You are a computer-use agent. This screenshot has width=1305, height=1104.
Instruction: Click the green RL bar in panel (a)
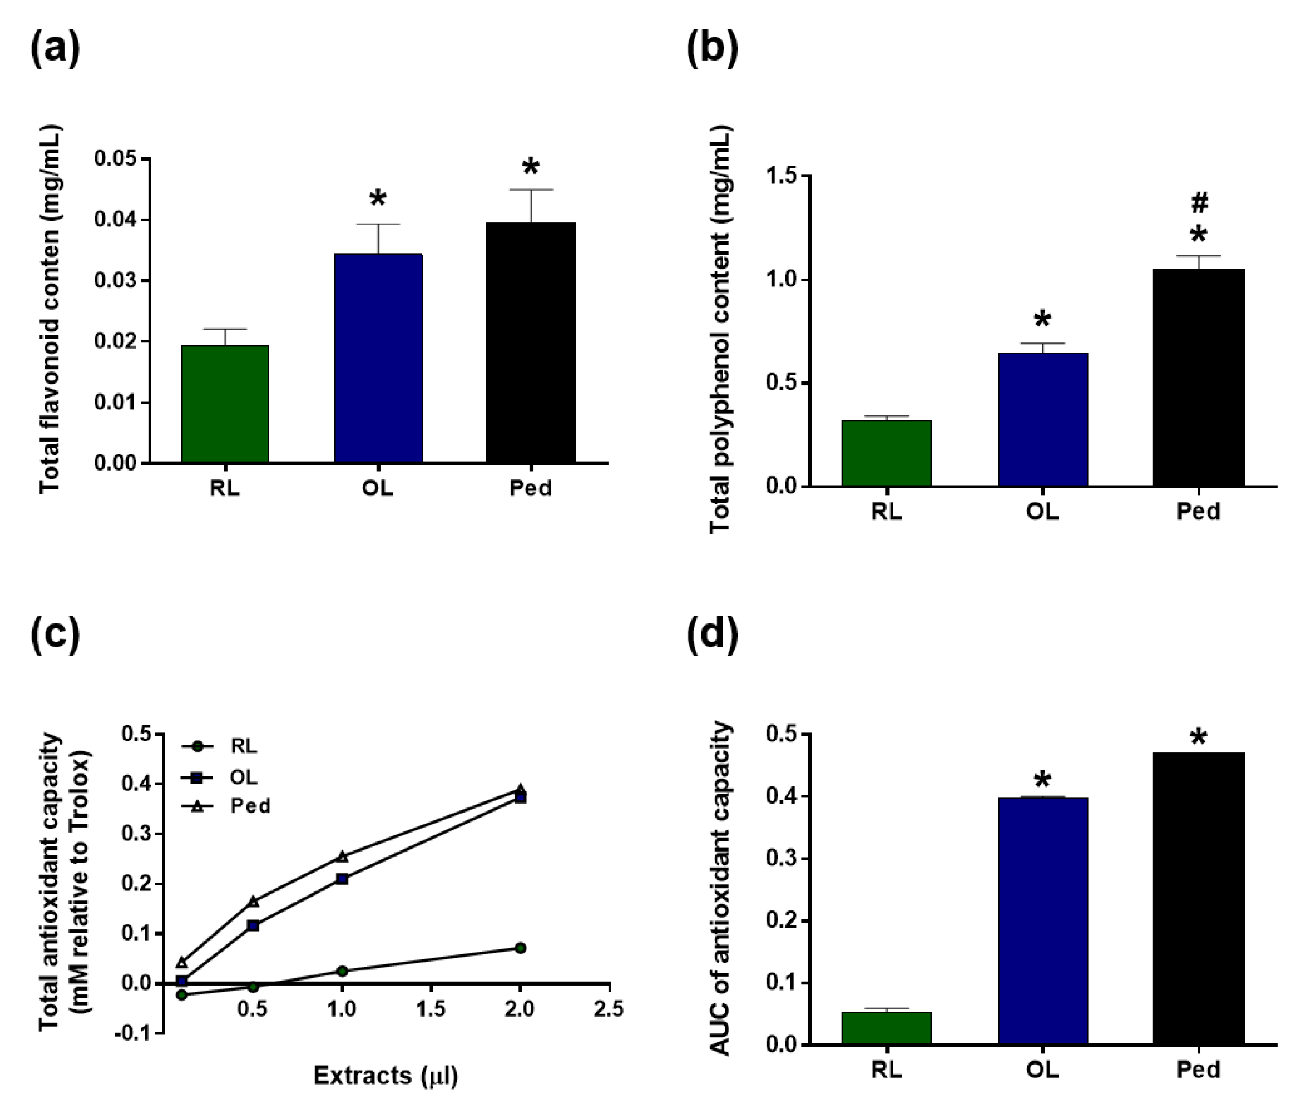click(225, 404)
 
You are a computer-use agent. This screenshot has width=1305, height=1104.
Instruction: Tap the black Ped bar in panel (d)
click(1198, 899)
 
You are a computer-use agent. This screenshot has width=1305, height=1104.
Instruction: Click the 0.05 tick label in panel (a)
click(115, 159)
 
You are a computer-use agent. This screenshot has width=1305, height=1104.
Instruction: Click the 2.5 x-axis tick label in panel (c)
click(608, 1009)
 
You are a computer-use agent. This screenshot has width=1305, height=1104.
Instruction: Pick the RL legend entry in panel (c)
click(243, 746)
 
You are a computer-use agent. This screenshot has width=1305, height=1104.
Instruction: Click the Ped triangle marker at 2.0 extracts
click(520, 789)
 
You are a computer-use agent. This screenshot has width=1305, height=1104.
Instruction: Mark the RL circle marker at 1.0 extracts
click(342, 971)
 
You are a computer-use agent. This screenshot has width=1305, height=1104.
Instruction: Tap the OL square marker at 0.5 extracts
click(253, 925)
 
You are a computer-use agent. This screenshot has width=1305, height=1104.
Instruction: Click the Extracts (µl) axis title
click(386, 1075)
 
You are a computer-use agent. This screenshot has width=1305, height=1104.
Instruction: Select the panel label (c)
click(55, 633)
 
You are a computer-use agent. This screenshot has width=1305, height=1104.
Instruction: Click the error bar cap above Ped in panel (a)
click(531, 190)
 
